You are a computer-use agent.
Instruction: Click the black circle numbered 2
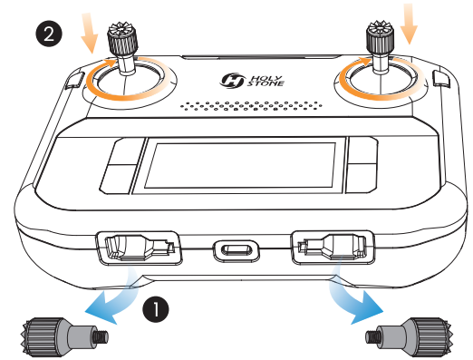[49, 33]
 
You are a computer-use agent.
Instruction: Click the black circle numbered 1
[156, 309]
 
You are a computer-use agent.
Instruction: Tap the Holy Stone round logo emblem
[232, 81]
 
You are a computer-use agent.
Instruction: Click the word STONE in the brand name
[265, 83]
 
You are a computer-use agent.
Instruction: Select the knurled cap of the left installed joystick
[122, 39]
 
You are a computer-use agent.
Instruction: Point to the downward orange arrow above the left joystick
[90, 34]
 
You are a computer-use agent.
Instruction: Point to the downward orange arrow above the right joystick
[409, 24]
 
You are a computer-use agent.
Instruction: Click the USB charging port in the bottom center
[236, 250]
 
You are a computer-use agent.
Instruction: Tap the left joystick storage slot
[139, 248]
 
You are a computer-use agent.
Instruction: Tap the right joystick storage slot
[333, 248]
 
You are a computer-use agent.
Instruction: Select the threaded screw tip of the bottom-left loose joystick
[101, 336]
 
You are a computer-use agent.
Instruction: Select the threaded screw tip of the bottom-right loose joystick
[372, 337]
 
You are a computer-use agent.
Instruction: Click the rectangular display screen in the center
[240, 165]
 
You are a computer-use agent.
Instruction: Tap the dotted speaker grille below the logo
[251, 105]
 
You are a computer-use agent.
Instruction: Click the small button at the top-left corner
[74, 80]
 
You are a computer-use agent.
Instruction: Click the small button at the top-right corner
[441, 78]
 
